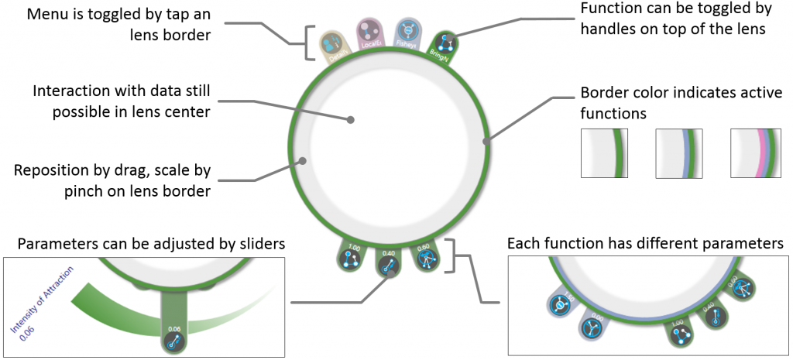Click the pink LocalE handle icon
coord(369,32)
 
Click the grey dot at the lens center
coord(351,120)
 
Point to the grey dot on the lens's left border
coord(304,162)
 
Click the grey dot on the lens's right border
coord(486,142)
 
